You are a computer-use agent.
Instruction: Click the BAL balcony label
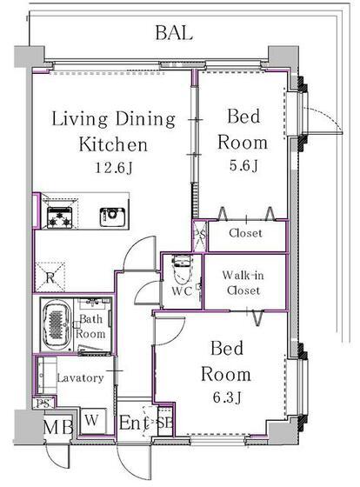174,33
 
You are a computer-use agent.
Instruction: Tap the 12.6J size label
113,168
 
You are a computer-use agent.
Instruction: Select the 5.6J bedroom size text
243,165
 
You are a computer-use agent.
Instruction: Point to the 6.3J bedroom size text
227,397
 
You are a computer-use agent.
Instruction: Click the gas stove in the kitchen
59,217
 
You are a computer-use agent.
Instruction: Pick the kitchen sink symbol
112,217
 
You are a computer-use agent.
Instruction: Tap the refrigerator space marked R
50,277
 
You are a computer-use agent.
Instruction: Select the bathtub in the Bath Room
57,325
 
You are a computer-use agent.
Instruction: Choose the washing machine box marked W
93,421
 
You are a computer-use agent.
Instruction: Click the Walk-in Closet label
243,283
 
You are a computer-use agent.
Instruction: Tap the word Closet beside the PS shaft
245,233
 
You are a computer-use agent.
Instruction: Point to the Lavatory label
80,377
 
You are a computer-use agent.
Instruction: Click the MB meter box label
58,427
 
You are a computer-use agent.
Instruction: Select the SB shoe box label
164,423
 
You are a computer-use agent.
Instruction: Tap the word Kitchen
113,144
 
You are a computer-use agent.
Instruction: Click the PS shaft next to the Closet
199,236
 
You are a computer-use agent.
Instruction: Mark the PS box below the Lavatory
43,404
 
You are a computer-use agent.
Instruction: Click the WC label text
182,291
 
